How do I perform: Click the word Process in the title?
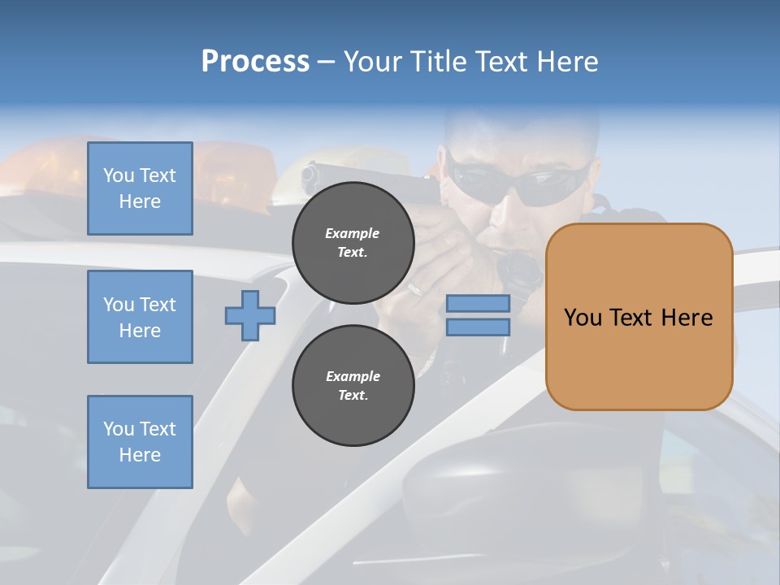[x=255, y=62]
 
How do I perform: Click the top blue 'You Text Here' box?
[x=140, y=188]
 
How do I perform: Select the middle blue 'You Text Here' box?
[x=140, y=317]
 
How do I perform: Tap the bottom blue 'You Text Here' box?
[x=140, y=442]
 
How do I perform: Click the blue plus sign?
[x=249, y=315]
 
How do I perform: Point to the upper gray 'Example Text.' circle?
[x=353, y=243]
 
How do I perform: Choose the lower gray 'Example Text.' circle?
[x=353, y=386]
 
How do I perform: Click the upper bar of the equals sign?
[x=478, y=304]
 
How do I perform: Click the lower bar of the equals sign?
[x=478, y=327]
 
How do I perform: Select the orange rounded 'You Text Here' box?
[x=639, y=317]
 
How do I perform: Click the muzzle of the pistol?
[x=310, y=173]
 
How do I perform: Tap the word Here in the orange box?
[x=687, y=318]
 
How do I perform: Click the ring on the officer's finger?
[x=415, y=288]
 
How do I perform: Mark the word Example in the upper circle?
[x=353, y=234]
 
